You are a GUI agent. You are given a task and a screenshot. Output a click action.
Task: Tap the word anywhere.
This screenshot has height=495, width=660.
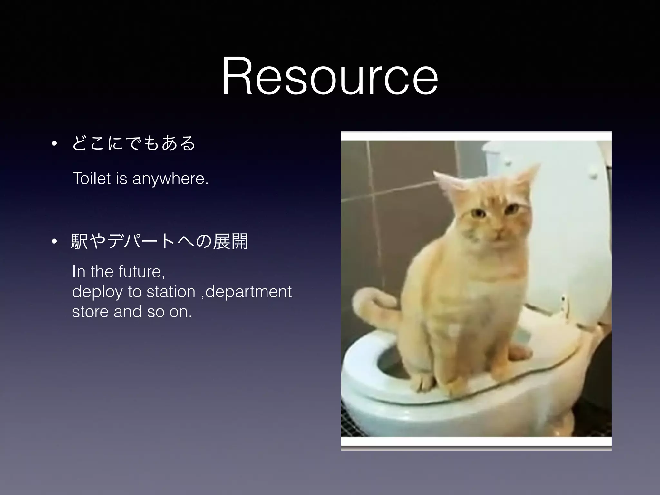pos(170,179)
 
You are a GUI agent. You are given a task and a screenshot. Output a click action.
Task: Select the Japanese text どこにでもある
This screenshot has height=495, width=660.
pos(134,143)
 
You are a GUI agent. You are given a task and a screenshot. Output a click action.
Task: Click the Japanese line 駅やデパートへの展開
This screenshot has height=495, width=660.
pos(160,241)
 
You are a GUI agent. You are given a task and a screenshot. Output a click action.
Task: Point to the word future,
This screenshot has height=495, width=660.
pos(141,271)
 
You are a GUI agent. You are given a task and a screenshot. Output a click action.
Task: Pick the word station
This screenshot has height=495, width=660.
pos(171,292)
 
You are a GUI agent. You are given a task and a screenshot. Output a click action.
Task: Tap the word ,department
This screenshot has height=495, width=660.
pos(246,292)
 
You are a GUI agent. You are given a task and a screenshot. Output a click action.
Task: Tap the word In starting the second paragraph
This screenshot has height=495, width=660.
pos(79,271)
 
